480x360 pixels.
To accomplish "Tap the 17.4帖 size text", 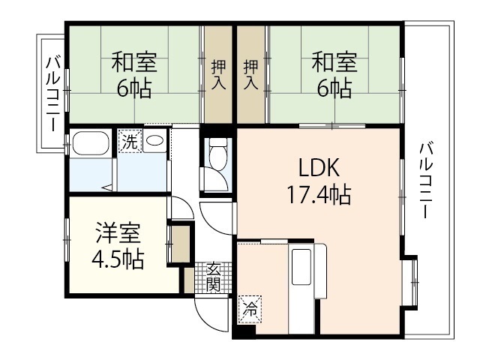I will (317, 196).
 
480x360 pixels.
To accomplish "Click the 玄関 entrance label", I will (214, 277).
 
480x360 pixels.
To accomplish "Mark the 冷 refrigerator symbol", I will (248, 307).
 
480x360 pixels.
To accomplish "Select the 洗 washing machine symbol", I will (130, 142).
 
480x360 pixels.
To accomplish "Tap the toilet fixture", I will (218, 157).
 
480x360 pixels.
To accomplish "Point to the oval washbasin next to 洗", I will (154, 141).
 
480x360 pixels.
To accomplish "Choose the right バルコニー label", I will (425, 180).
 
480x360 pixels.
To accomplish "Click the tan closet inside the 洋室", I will (180, 244).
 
